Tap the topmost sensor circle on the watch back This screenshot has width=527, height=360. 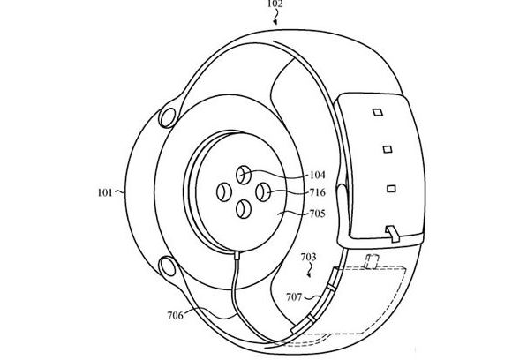tap(244, 174)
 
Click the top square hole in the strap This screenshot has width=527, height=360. tap(376, 113)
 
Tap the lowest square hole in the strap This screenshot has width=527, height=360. tap(390, 188)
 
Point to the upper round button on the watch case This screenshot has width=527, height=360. tap(165, 115)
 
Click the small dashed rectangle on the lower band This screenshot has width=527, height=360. tap(373, 260)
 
